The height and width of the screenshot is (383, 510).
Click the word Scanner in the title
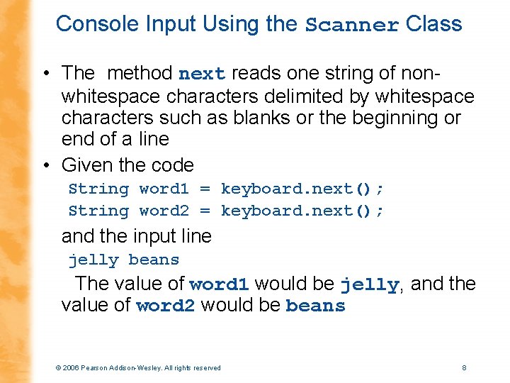(x=352, y=25)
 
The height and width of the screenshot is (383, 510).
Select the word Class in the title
(x=434, y=24)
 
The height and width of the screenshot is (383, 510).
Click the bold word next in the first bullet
(x=202, y=74)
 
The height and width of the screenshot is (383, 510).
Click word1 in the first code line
(x=164, y=189)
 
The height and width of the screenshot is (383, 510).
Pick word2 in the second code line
(x=164, y=211)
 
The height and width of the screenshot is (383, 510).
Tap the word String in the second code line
(x=98, y=211)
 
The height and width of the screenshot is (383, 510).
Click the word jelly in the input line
(x=93, y=260)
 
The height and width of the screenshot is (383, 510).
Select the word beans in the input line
(x=154, y=260)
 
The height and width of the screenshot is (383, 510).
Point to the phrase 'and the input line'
(x=136, y=235)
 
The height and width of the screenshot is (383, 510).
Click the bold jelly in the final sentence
(x=369, y=285)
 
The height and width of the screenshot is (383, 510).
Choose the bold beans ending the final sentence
(x=315, y=306)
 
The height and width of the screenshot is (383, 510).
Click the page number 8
(x=463, y=367)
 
